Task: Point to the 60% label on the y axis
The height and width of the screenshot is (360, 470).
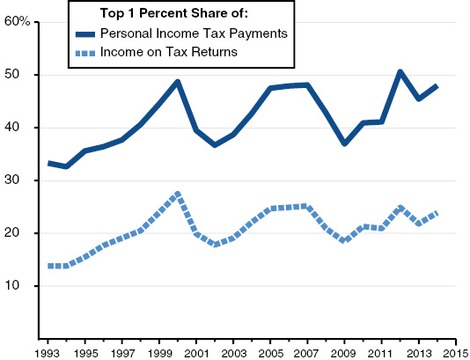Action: click(x=18, y=21)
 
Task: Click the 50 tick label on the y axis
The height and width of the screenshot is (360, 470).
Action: click(x=24, y=75)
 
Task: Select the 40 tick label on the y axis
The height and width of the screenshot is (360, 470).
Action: click(x=24, y=128)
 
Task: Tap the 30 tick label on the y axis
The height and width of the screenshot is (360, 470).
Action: click(x=24, y=180)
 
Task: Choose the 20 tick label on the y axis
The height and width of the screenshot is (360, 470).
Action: click(x=24, y=233)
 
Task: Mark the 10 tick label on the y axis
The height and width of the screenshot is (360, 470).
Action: click(x=24, y=286)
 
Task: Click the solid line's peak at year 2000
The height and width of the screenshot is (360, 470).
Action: click(x=178, y=82)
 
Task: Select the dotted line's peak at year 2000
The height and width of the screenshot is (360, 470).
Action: click(x=178, y=194)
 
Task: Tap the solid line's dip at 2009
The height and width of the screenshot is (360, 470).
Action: click(x=344, y=143)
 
